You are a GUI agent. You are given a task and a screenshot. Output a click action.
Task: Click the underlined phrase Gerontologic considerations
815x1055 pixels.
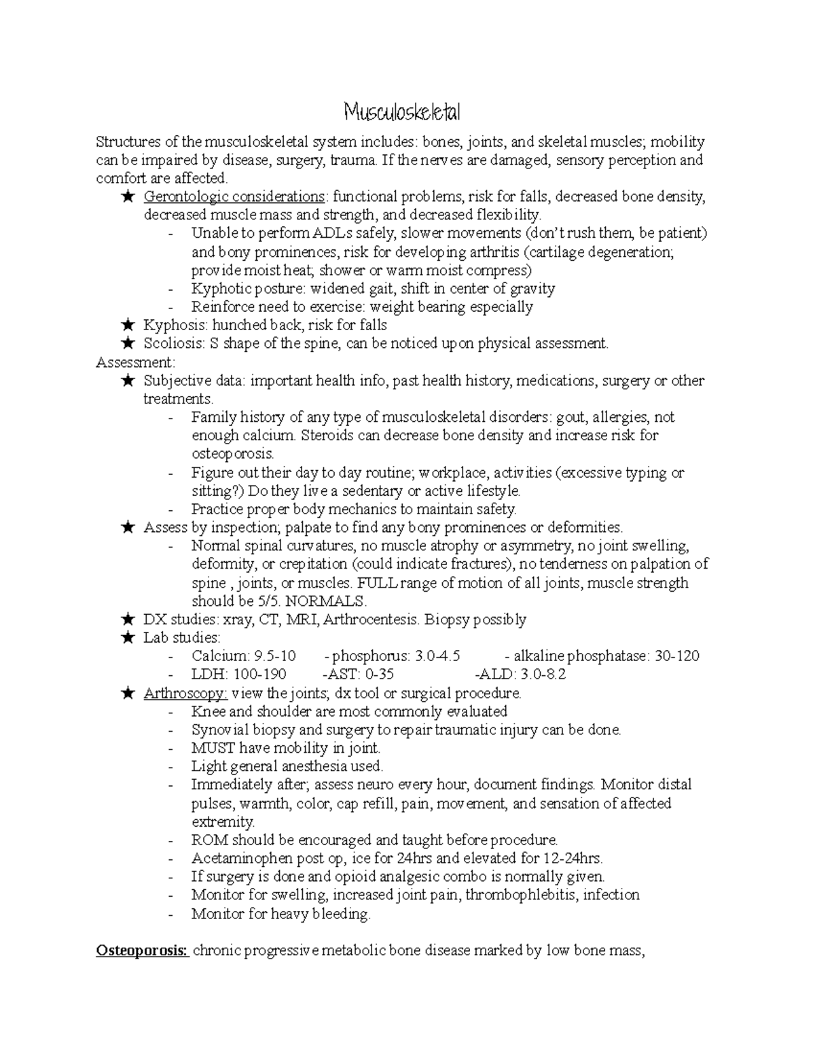234,197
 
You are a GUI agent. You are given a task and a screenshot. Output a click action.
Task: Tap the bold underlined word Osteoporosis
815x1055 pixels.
143,950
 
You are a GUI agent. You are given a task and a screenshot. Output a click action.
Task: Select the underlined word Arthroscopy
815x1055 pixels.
185,694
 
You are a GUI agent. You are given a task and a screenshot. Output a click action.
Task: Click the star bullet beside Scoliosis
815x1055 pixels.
127,344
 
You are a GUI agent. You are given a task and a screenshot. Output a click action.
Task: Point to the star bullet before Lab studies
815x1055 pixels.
127,638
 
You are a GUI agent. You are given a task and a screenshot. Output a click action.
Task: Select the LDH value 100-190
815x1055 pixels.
259,675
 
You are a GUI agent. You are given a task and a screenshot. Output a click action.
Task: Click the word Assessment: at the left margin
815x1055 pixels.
136,362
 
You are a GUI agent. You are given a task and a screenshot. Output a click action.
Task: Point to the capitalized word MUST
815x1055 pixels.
213,749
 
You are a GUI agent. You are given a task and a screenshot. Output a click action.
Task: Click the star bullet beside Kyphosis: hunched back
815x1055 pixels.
127,325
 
